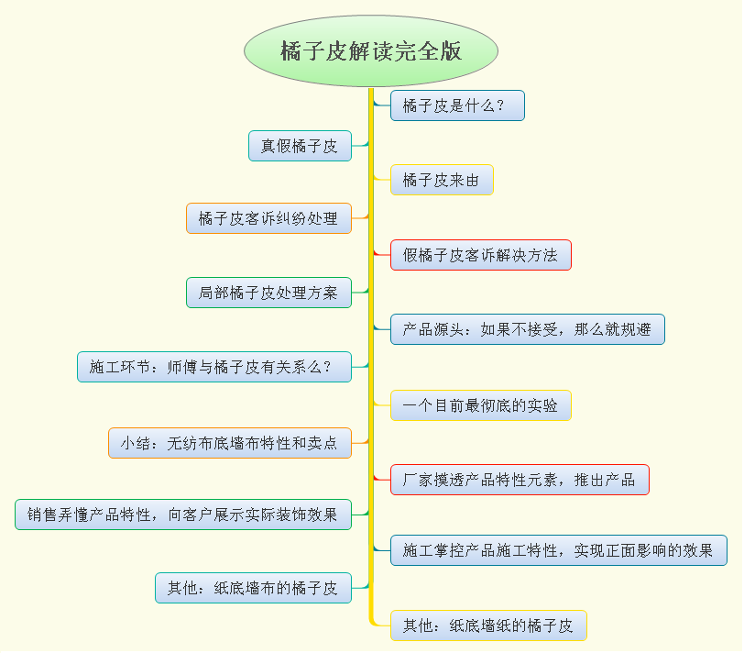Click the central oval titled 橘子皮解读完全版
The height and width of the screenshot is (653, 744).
click(371, 51)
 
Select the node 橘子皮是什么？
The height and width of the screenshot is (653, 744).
click(457, 105)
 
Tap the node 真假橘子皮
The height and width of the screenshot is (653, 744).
click(300, 146)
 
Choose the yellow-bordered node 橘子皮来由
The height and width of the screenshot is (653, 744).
click(442, 180)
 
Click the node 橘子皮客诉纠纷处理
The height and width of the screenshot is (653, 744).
click(268, 218)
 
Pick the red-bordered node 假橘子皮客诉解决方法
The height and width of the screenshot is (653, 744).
click(480, 255)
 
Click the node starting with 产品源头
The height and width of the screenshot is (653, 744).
click(527, 329)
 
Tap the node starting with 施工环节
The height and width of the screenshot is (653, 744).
click(214, 367)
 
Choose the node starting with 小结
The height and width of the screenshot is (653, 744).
click(230, 443)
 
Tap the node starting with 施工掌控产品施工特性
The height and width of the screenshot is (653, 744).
click(558, 550)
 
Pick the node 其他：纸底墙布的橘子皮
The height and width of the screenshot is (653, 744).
click(253, 588)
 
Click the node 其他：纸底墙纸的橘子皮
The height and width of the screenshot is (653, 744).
click(488, 626)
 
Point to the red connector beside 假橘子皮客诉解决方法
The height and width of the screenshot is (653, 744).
click(381, 253)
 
